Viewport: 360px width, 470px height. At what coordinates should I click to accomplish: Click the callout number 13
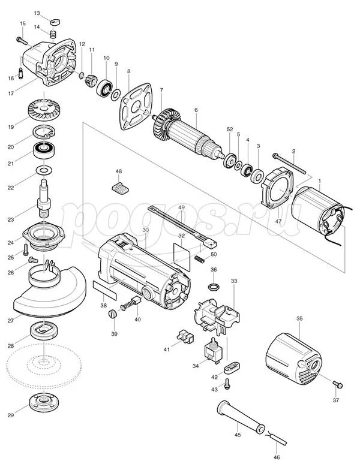37,13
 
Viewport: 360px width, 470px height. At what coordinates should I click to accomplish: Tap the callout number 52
230,129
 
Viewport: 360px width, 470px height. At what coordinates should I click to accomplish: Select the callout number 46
277,457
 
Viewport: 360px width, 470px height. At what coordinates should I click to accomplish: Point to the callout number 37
336,400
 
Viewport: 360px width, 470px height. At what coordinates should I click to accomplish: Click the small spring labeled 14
53,35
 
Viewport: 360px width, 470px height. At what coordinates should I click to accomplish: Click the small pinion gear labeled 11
90,80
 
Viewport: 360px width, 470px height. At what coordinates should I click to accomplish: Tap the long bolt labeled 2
289,164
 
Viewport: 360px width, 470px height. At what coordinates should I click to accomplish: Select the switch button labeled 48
120,188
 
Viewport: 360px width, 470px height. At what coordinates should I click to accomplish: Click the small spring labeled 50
199,259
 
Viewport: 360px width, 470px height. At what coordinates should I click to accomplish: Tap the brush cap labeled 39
112,314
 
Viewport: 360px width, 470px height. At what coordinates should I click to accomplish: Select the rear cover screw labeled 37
337,384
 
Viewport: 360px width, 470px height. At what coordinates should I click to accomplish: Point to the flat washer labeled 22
44,170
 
